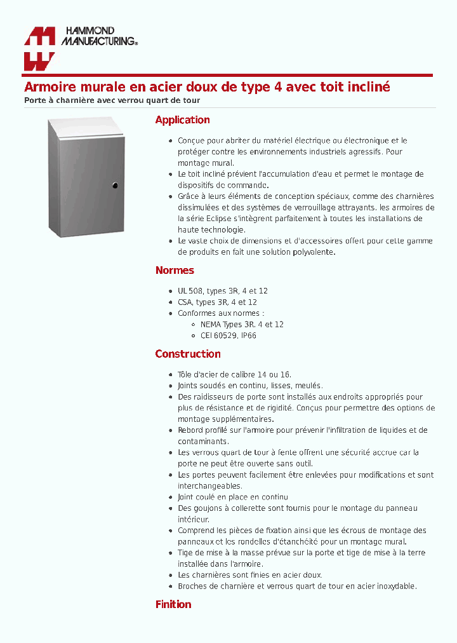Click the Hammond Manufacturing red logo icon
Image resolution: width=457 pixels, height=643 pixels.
click(x=39, y=48)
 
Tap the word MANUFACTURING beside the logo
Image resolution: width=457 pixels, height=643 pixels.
click(x=98, y=41)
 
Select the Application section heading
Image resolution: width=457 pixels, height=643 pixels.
click(x=182, y=120)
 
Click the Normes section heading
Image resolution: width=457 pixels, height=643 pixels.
click(x=175, y=271)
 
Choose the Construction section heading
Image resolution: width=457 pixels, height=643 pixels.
click(x=188, y=354)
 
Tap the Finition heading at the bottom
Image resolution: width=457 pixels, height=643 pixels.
click(x=173, y=604)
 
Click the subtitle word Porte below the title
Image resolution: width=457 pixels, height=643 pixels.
click(x=35, y=100)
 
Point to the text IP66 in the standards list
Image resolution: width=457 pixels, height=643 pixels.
click(x=248, y=335)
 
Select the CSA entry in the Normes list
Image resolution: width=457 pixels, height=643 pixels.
click(x=185, y=302)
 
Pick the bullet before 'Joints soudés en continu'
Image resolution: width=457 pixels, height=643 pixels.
click(x=171, y=386)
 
